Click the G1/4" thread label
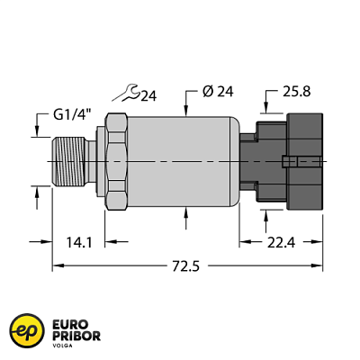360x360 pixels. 71,115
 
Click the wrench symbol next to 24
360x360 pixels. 129,90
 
